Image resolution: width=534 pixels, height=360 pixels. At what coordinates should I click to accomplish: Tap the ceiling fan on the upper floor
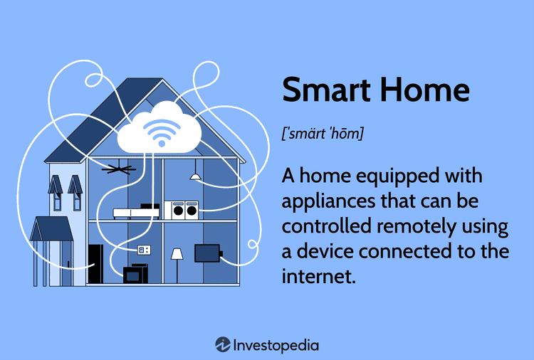[118, 169]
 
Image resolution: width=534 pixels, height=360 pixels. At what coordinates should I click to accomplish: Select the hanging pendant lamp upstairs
[195, 175]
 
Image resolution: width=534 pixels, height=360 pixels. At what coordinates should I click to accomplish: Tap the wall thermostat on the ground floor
[144, 250]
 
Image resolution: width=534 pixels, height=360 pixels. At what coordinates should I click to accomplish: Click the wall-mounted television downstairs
[208, 253]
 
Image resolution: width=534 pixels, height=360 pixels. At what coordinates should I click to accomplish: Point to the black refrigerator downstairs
[95, 265]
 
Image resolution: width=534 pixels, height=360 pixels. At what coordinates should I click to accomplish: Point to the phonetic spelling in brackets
[323, 133]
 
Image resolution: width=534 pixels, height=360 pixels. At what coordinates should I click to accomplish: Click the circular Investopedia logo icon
[223, 344]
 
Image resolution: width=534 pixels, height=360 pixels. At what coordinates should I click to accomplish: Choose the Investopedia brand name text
[276, 345]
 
